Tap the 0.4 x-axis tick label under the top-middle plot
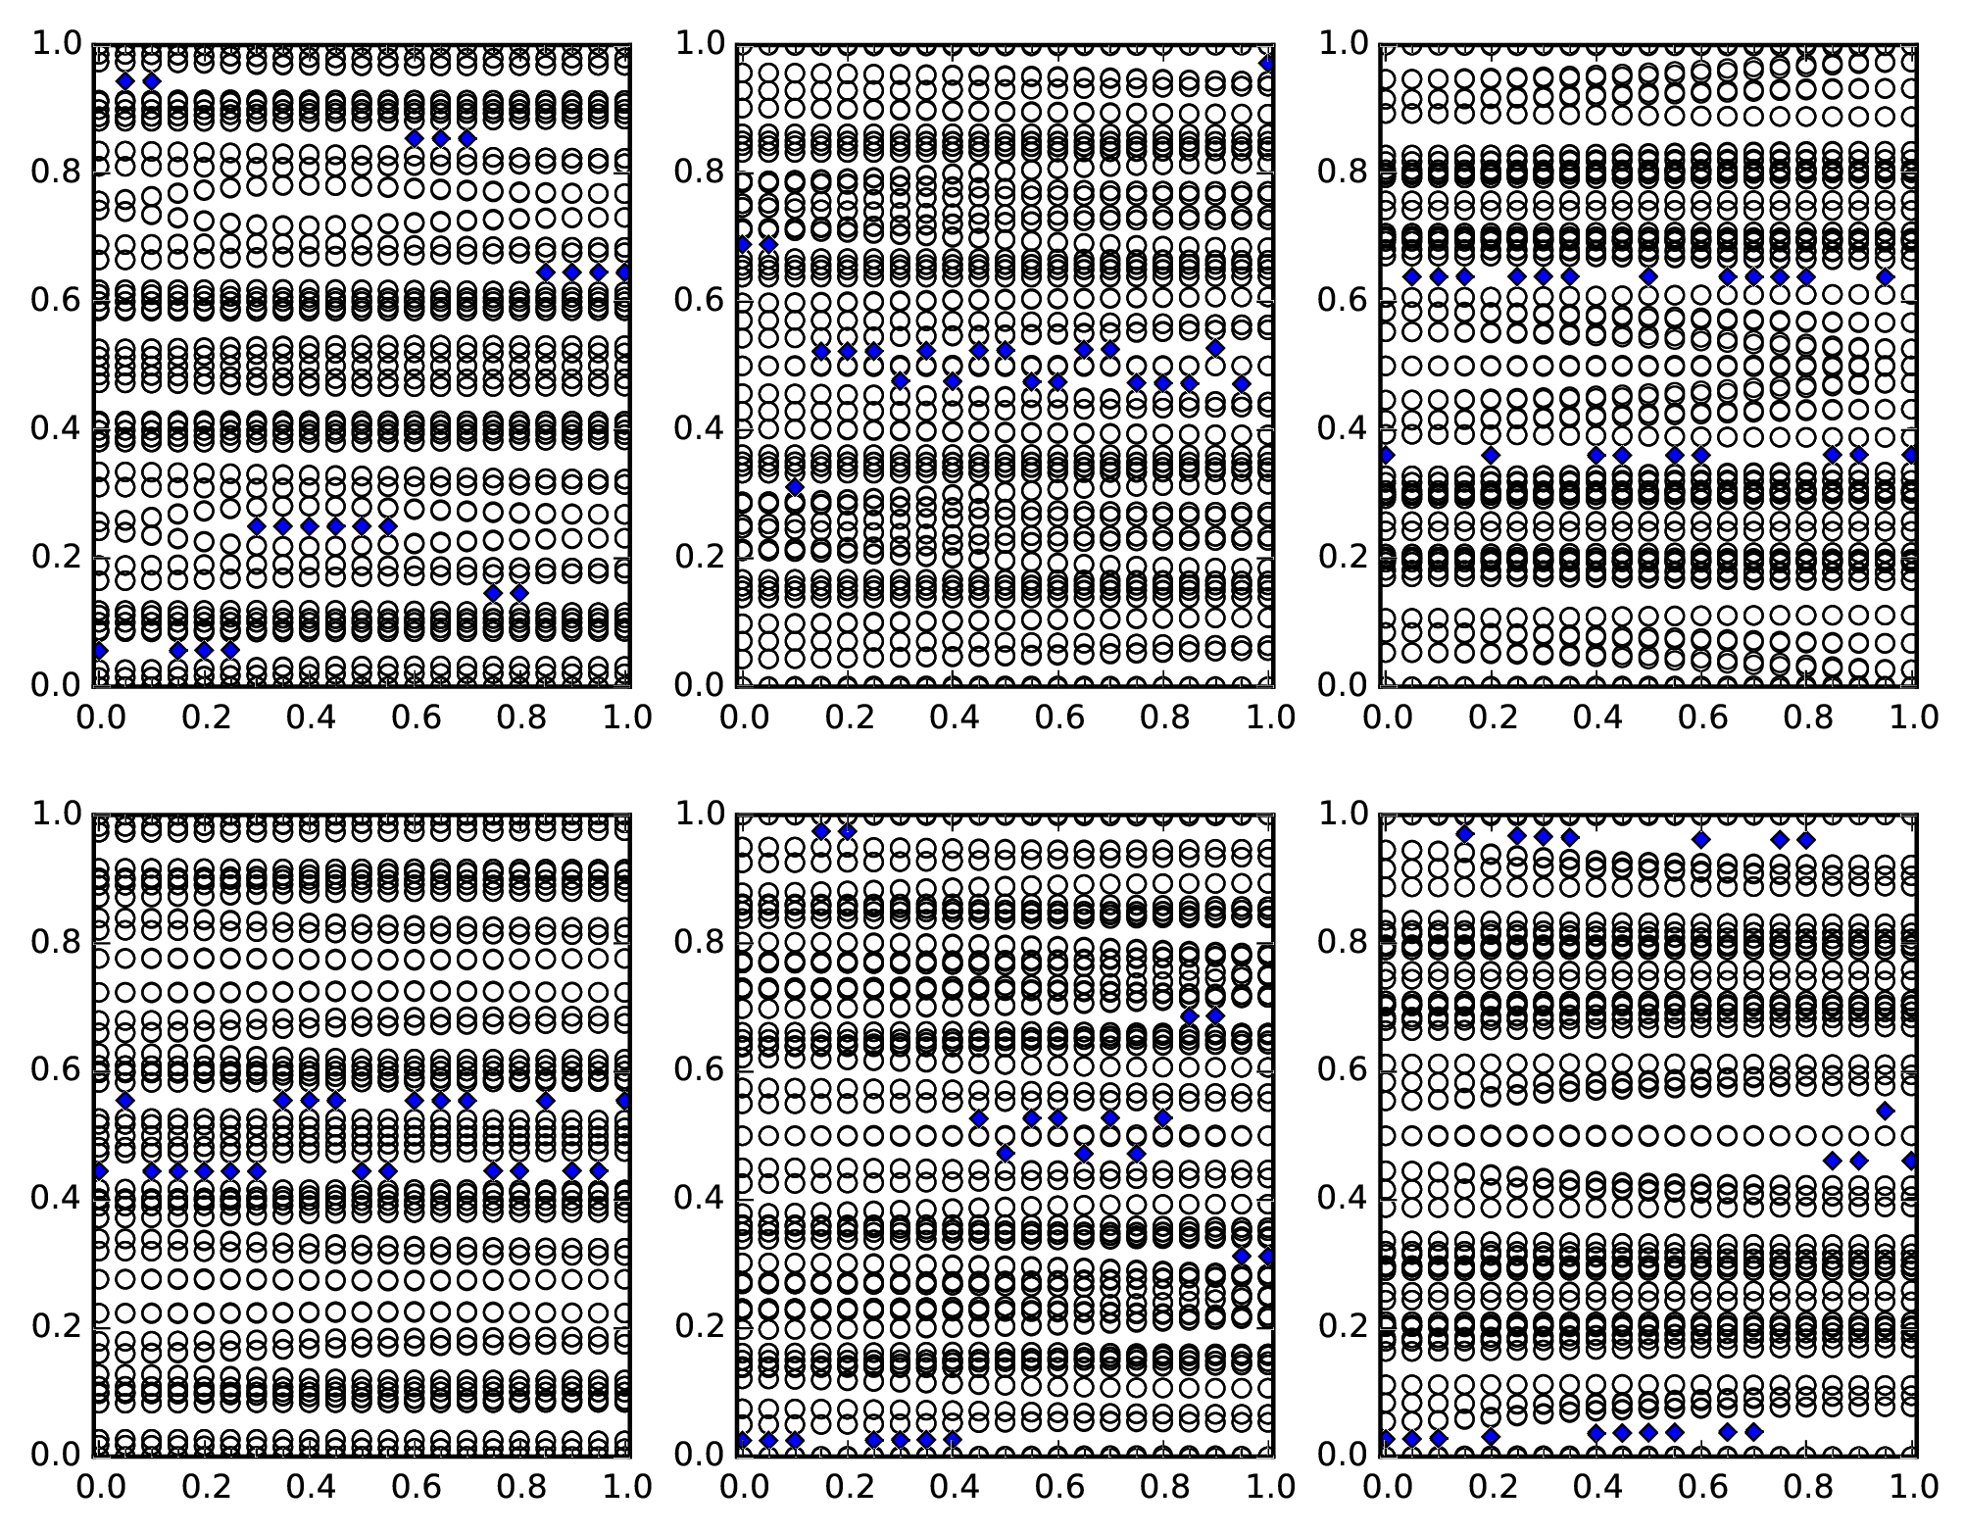952,718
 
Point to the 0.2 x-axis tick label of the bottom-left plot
203,1487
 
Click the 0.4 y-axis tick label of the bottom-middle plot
698,1198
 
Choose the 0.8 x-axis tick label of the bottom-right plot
1805,1487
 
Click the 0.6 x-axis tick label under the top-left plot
415,718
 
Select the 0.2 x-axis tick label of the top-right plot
1491,718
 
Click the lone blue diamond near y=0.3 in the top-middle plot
795,487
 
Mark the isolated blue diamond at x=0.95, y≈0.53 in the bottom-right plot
1885,1111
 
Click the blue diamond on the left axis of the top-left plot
99,650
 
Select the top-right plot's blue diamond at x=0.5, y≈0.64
1648,276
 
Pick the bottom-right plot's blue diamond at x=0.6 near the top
1701,840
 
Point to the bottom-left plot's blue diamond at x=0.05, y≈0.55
124,1101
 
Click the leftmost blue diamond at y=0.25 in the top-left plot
257,526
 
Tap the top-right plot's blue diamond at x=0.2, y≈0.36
1491,455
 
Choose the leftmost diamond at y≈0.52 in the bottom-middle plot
978,1118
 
